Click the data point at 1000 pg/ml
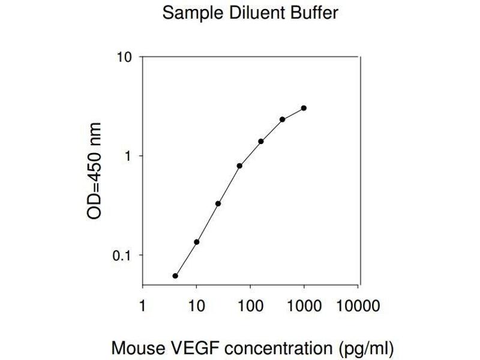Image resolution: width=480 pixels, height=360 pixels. point(304,108)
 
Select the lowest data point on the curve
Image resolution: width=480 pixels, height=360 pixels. point(175,276)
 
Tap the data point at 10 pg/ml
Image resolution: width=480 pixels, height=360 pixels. point(196,242)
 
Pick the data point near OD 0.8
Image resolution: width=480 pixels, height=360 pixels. point(239,166)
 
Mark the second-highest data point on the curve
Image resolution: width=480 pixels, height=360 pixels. point(282,119)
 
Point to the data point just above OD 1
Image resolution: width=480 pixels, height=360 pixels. point(261,142)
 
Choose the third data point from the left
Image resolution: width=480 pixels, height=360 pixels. point(218,203)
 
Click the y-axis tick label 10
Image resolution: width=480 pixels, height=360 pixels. point(124,58)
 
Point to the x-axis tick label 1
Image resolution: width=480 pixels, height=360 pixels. point(142,307)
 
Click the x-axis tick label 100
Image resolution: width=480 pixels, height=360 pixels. point(250,307)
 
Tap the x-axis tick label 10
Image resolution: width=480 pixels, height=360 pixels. point(196,307)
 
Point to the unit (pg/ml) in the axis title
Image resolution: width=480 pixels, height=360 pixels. point(358,347)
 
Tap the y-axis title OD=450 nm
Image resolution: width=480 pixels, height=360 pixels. point(94,172)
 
